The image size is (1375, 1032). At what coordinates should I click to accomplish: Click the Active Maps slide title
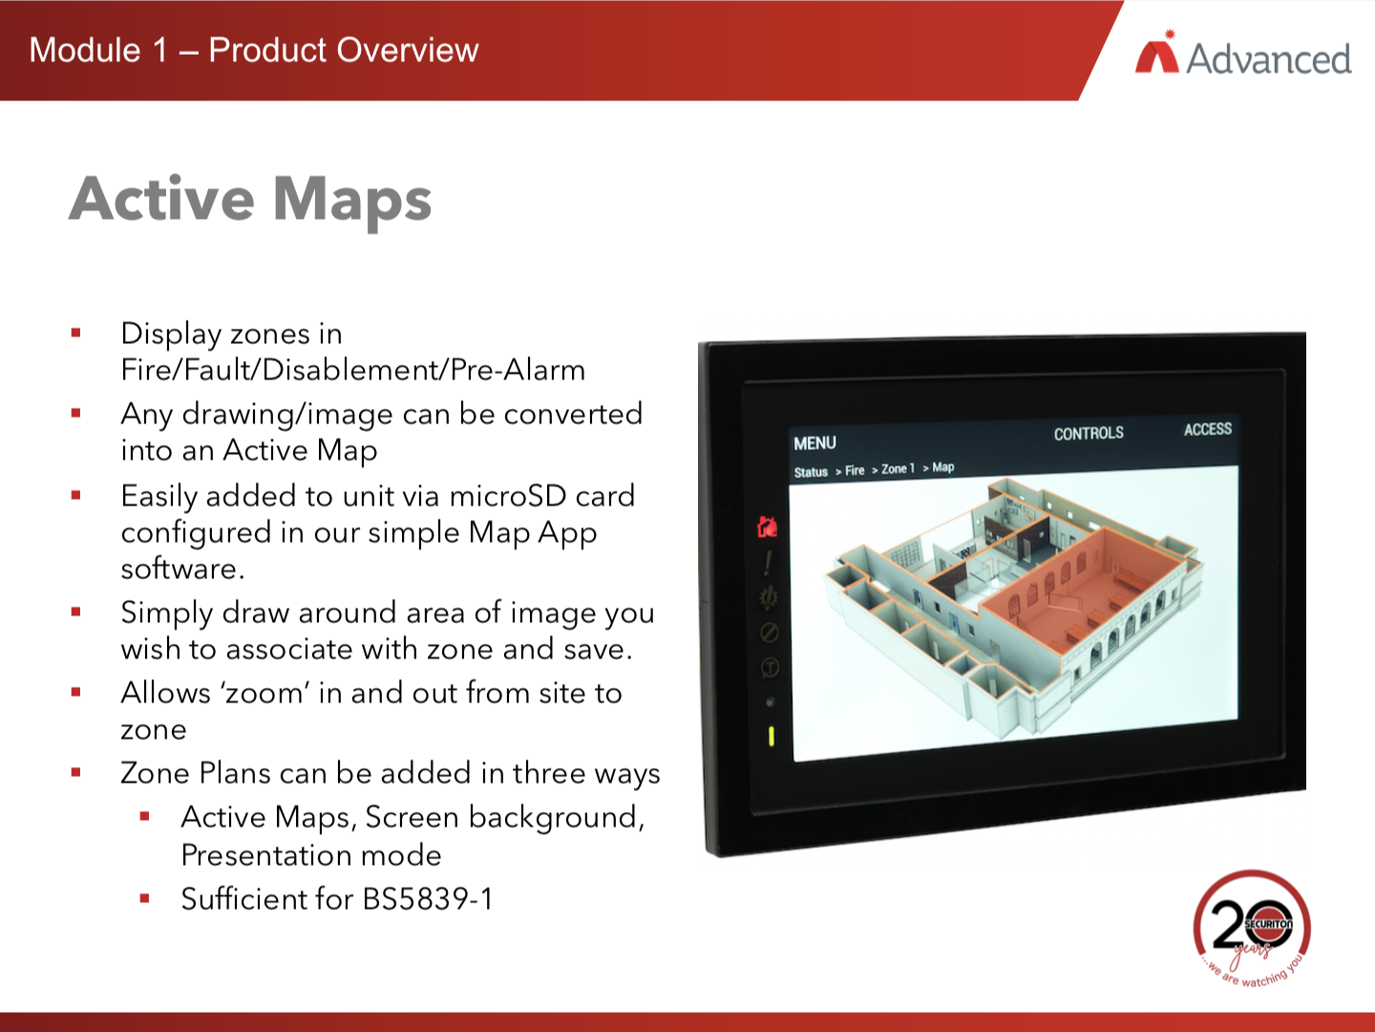pyautogui.click(x=250, y=201)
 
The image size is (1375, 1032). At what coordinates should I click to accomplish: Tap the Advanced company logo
pyautogui.click(x=1243, y=55)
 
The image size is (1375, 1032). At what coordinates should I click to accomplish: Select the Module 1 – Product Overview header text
pyautogui.click(x=254, y=50)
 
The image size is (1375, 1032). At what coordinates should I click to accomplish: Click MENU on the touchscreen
pyautogui.click(x=814, y=443)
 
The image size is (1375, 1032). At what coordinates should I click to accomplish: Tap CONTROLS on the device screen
pyautogui.click(x=1089, y=433)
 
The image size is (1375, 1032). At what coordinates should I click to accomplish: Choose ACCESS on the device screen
pyautogui.click(x=1207, y=429)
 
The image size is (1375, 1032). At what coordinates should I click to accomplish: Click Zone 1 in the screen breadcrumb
pyautogui.click(x=898, y=468)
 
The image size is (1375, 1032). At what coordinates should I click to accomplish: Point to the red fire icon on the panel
pyautogui.click(x=767, y=527)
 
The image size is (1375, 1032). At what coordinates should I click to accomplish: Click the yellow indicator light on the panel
pyautogui.click(x=772, y=736)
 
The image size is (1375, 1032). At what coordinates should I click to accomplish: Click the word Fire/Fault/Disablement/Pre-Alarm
pyautogui.click(x=353, y=370)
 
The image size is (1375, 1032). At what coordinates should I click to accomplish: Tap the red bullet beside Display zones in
pyautogui.click(x=76, y=333)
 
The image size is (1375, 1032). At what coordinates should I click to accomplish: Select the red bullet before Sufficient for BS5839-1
pyautogui.click(x=145, y=898)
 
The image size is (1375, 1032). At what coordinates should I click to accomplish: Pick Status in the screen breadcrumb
pyautogui.click(x=811, y=472)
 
